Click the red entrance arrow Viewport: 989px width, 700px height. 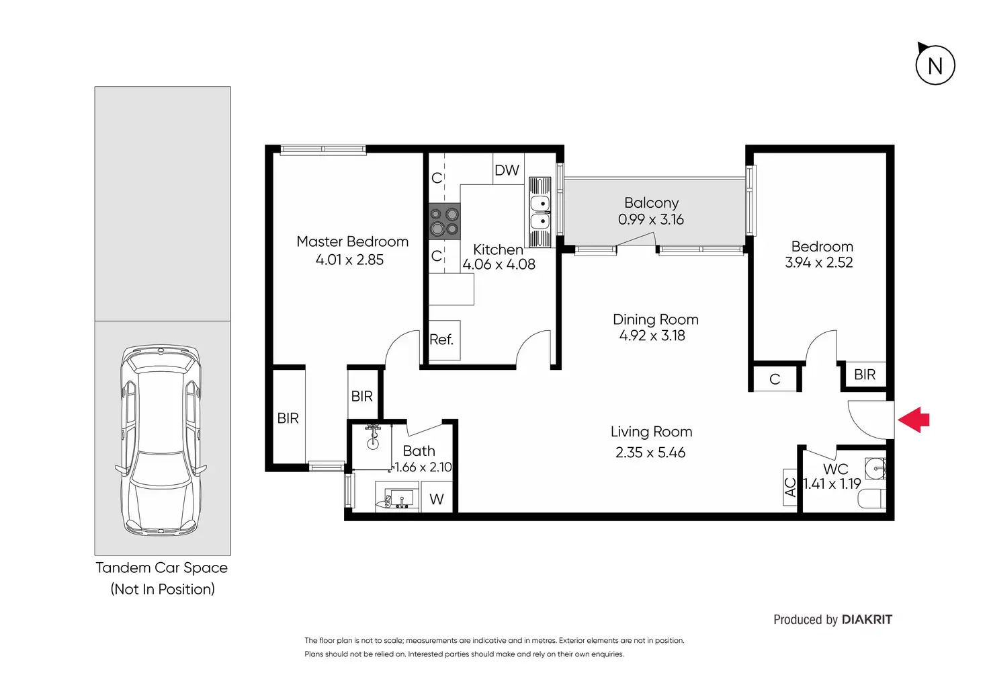pyautogui.click(x=913, y=420)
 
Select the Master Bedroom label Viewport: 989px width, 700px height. pyautogui.click(x=352, y=241)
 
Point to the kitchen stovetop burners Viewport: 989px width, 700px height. pyautogui.click(x=445, y=221)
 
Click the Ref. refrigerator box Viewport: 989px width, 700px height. pyautogui.click(x=445, y=340)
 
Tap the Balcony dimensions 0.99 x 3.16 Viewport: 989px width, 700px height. pyautogui.click(x=651, y=219)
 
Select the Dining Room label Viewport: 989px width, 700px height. pyautogui.click(x=655, y=319)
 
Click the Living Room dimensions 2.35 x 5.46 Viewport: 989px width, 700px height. pyautogui.click(x=650, y=452)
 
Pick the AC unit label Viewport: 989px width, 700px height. pyautogui.click(x=790, y=487)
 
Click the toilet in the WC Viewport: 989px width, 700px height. pyautogui.click(x=872, y=498)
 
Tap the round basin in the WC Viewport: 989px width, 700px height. pyautogui.click(x=875, y=469)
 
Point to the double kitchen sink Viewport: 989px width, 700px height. pyautogui.click(x=540, y=212)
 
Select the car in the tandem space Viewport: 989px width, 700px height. pyautogui.click(x=162, y=440)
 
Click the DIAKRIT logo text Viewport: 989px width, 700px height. pyautogui.click(x=867, y=619)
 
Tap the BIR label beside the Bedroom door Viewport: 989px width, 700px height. pyautogui.click(x=865, y=375)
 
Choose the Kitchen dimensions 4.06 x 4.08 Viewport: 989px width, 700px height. pyautogui.click(x=499, y=264)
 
